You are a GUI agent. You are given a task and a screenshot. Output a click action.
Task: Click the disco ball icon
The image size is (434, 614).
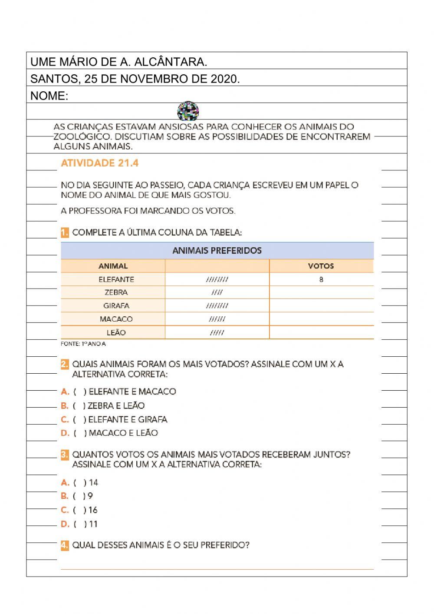[188, 111]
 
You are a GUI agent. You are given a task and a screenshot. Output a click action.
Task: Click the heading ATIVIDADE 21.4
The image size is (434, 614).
[99, 163]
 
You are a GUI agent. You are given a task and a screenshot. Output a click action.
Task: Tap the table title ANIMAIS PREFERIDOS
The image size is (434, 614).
[217, 251]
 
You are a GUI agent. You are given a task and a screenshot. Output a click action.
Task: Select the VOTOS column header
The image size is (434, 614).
[321, 266]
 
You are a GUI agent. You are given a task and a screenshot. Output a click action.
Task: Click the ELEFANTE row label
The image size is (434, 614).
[116, 279]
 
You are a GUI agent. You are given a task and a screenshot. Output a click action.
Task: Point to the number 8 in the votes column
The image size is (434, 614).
[321, 279]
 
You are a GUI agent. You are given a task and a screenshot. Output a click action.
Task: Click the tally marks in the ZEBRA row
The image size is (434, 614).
[217, 292]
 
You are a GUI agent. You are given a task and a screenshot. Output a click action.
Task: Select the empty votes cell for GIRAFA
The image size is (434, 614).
[321, 305]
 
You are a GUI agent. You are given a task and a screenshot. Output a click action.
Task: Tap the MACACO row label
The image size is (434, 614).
[116, 319]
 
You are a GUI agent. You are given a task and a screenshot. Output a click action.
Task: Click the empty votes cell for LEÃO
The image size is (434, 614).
[321, 332]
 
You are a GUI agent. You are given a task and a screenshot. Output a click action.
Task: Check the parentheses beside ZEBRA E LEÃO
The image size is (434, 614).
[79, 406]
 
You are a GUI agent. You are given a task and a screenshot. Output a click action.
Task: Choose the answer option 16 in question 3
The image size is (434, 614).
[79, 510]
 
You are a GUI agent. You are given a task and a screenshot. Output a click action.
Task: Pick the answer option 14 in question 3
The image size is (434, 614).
[79, 482]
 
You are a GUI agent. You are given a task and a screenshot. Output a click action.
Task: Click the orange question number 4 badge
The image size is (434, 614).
[65, 545]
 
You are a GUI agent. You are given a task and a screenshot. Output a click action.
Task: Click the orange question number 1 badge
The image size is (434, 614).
[65, 232]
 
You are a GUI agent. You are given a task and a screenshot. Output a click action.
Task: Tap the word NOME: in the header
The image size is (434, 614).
[49, 96]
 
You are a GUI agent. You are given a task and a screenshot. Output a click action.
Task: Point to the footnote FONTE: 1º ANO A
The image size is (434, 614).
[83, 344]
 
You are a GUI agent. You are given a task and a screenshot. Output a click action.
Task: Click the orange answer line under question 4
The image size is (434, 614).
[217, 569]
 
